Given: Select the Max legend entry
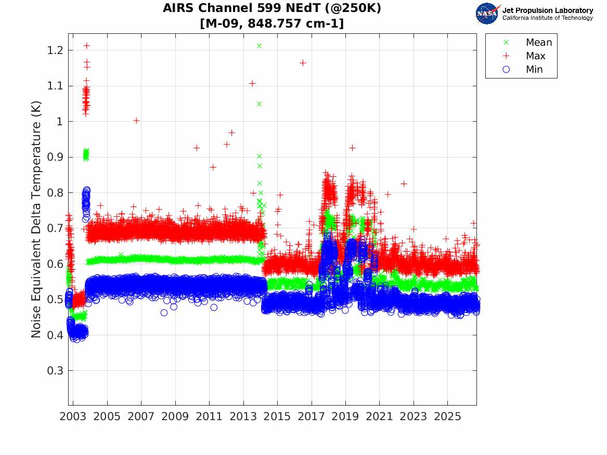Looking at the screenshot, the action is pyautogui.click(x=524, y=56).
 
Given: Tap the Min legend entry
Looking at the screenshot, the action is pyautogui.click(x=523, y=69).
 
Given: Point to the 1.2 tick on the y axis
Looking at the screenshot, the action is pyautogui.click(x=55, y=50).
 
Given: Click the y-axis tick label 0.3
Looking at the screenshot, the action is pyautogui.click(x=55, y=371).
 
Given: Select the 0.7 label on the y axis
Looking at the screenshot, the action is pyautogui.click(x=55, y=228).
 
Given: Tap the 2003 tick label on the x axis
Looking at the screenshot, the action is pyautogui.click(x=73, y=417).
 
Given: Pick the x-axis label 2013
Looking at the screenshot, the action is pyautogui.click(x=243, y=417).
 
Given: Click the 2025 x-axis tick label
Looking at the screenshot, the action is pyautogui.click(x=447, y=417).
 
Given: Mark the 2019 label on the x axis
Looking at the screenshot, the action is pyautogui.click(x=345, y=417).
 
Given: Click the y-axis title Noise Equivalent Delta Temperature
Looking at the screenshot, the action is pyautogui.click(x=36, y=219).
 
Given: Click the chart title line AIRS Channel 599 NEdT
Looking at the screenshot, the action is pyautogui.click(x=272, y=8).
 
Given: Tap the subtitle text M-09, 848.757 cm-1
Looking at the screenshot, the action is pyautogui.click(x=272, y=23).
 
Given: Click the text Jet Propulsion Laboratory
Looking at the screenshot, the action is pyautogui.click(x=547, y=10).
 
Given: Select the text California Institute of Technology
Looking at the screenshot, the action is pyautogui.click(x=547, y=18).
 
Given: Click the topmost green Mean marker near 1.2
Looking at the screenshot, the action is pyautogui.click(x=260, y=46).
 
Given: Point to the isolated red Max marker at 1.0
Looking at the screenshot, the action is pyautogui.click(x=136, y=121).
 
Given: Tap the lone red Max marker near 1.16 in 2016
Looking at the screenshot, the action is pyautogui.click(x=303, y=63).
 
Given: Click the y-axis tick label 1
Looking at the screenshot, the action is pyautogui.click(x=59, y=122).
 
